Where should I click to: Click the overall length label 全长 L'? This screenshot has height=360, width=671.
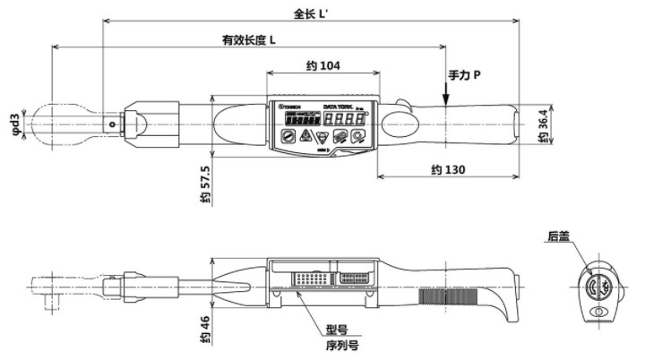[313, 13]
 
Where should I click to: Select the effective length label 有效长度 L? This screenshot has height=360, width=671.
[249, 40]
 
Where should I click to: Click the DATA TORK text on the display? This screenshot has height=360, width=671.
[342, 105]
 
